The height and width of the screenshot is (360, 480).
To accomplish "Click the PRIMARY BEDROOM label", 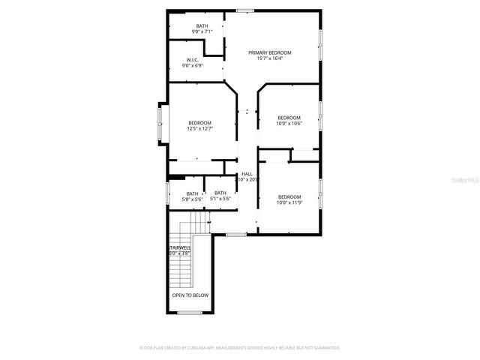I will [270, 52].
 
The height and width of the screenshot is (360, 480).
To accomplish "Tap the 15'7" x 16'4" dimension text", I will [270, 58].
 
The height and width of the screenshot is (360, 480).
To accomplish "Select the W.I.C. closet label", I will [192, 60].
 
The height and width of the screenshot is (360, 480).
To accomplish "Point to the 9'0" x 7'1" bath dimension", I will [202, 31].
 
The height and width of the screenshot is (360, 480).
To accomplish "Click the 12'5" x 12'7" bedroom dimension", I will [199, 128].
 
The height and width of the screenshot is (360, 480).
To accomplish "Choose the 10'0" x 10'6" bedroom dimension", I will [289, 123].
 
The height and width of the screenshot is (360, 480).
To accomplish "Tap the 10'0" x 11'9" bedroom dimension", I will [289, 202].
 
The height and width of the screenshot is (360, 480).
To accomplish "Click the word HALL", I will [247, 174].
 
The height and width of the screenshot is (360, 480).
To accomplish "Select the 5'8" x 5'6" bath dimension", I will [193, 199].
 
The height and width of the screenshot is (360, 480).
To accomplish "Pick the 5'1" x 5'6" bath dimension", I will [220, 199].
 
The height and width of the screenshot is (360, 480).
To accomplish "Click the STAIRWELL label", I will [179, 247].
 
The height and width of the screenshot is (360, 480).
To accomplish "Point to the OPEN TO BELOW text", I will [190, 295].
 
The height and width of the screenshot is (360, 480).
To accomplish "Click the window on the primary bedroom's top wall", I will [244, 10].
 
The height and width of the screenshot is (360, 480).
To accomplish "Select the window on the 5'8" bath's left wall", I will [166, 193].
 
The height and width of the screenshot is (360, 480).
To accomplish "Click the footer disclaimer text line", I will [240, 348].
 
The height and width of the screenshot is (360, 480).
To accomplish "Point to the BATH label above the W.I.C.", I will [202, 25].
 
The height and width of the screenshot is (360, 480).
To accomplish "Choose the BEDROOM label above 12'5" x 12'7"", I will [199, 122].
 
